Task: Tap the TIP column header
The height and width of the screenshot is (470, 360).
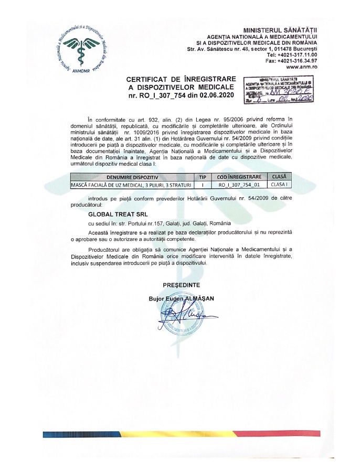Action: (203, 177)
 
